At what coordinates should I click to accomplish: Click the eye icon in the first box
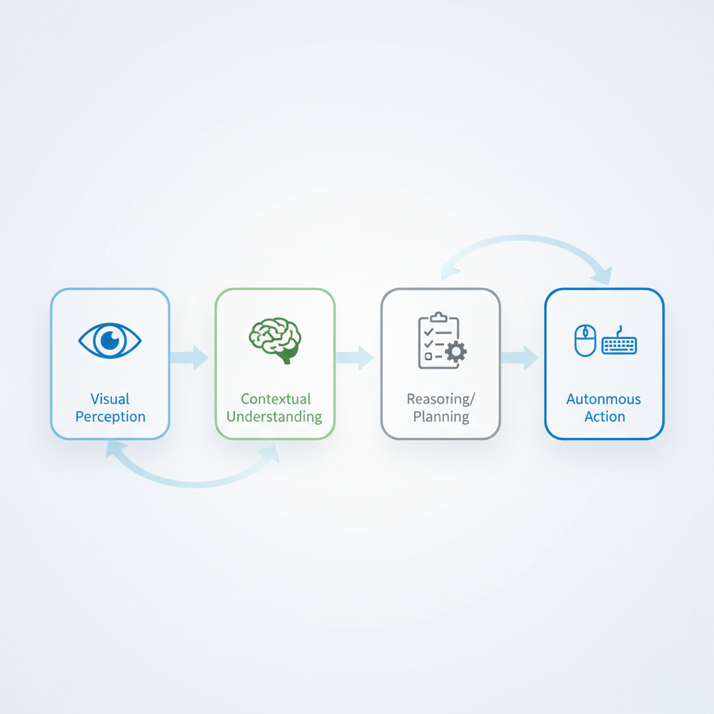pos(110,340)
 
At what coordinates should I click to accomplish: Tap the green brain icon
pos(275,340)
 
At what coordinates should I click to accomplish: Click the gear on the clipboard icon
pos(456,351)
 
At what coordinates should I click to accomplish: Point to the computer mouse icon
pos(585,341)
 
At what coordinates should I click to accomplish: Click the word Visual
pos(110,399)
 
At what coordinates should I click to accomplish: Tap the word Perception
pos(110,417)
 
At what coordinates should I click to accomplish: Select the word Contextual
pos(275,399)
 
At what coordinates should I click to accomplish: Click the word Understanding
pos(275,417)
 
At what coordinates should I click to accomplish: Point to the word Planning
pos(441,417)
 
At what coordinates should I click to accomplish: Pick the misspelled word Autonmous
pos(605,399)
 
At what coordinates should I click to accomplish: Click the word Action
pos(605,417)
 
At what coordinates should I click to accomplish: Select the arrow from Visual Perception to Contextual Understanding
pos(190,358)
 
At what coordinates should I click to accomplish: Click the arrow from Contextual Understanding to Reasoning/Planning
pos(355,358)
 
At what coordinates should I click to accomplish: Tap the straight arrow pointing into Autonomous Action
pos(520,358)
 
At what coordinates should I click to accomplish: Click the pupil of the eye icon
pos(110,340)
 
